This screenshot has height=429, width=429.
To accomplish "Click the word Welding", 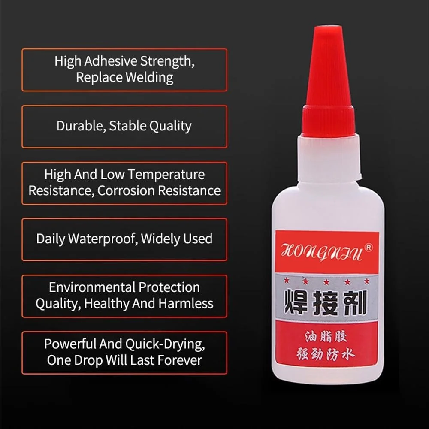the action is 149,77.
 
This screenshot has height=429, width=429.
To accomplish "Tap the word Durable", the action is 81,126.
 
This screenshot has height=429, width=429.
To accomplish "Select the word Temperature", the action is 166,174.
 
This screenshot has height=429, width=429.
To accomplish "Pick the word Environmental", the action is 92,287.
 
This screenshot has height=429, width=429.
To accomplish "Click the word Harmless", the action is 186,303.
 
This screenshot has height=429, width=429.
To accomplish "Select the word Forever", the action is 180,360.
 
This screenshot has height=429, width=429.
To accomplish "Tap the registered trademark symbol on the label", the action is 369,248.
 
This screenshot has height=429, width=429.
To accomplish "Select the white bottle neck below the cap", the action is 329,158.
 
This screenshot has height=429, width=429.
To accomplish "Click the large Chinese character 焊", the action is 296,302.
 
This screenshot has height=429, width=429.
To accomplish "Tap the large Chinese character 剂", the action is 355,302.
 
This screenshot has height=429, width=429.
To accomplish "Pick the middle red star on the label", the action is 326,282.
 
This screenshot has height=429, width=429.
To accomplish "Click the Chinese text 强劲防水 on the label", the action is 326,354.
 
